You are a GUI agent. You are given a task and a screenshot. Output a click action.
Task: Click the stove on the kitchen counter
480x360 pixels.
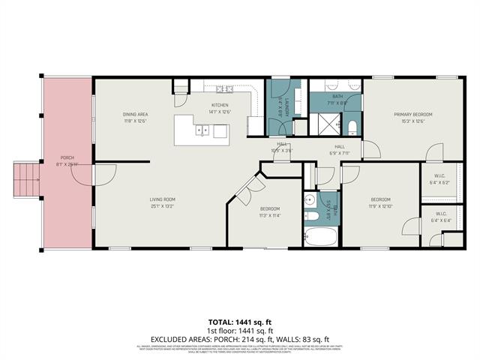click(220, 131)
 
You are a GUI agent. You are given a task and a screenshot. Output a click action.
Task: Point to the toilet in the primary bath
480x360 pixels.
click(352, 124)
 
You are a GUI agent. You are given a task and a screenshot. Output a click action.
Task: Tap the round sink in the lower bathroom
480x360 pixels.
click(312, 216)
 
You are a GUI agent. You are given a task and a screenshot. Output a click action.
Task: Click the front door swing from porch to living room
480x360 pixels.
click(103, 174)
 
